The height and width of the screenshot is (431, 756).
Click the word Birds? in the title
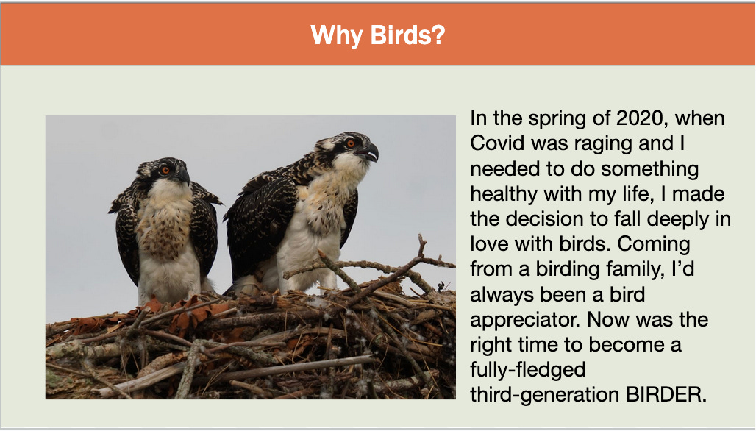pos(407,35)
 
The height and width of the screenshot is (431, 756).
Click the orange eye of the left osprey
pos(165,170)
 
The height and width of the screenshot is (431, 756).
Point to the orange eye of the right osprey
pos(351,143)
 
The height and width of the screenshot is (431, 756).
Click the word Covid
pos(498,143)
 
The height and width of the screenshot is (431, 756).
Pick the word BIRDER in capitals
pos(666,394)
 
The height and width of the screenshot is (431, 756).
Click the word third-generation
pos(545,395)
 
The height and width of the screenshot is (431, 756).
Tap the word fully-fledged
pos(528,370)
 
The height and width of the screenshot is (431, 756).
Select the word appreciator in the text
pos(526,320)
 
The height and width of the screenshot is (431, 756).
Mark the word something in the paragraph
pos(650,169)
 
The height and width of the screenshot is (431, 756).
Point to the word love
pos(490,244)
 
